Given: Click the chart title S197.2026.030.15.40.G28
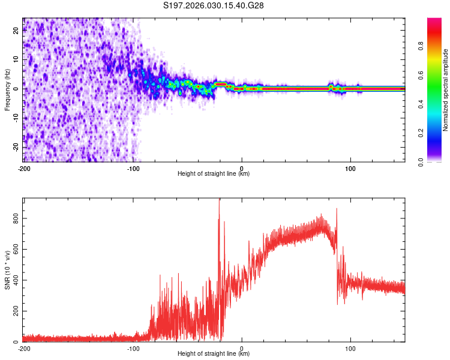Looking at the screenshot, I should click(x=214, y=6).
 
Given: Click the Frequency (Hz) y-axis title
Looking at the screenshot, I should click(x=7, y=89).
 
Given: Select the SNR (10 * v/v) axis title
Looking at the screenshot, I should click(x=7, y=270).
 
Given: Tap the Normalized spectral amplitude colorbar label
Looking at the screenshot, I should click(x=446, y=89).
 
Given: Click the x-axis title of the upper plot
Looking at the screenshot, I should click(x=214, y=173).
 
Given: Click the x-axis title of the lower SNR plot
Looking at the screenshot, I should click(x=214, y=354).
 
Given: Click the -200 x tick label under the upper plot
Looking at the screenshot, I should click(x=24, y=167).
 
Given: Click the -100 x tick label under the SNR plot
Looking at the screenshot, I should click(x=133, y=348).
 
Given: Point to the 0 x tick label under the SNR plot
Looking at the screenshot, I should click(x=242, y=348).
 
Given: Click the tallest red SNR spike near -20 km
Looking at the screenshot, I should click(x=219, y=202).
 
